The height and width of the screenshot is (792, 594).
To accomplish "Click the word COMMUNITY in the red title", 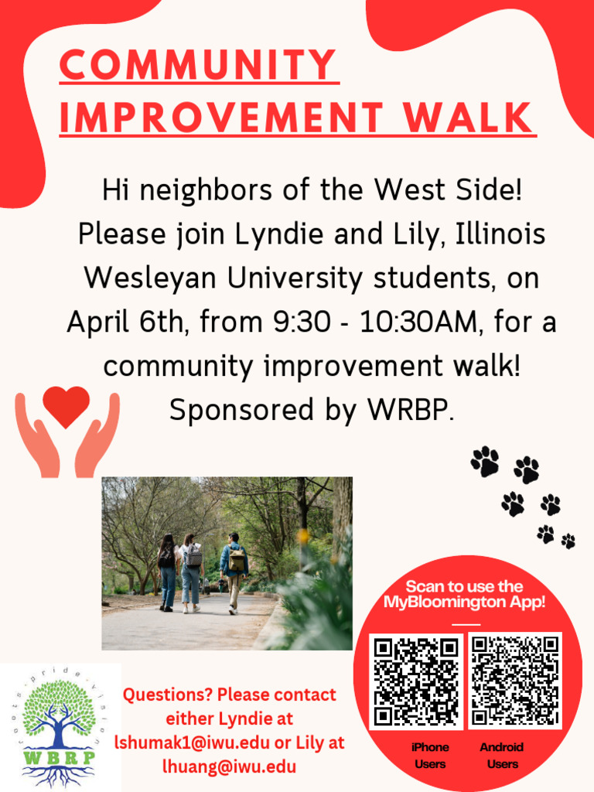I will coord(199,65).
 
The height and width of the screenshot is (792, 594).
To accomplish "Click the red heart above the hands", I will coord(66,407).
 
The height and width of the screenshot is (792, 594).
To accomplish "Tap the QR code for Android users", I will coord(515,681).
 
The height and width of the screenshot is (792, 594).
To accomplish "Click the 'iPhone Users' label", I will coord(430,756).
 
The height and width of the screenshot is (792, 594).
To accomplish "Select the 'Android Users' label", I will coord(502,756).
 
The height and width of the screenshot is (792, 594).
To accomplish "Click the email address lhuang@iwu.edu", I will coord(229,766).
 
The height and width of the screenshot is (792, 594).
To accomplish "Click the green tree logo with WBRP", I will coord(60,727).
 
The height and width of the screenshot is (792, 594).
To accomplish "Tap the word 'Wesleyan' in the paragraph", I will coord(145,278).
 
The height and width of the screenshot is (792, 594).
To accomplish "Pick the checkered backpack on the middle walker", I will coord(193,555).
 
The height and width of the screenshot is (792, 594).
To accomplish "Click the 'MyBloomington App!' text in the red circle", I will coord(464,603).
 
